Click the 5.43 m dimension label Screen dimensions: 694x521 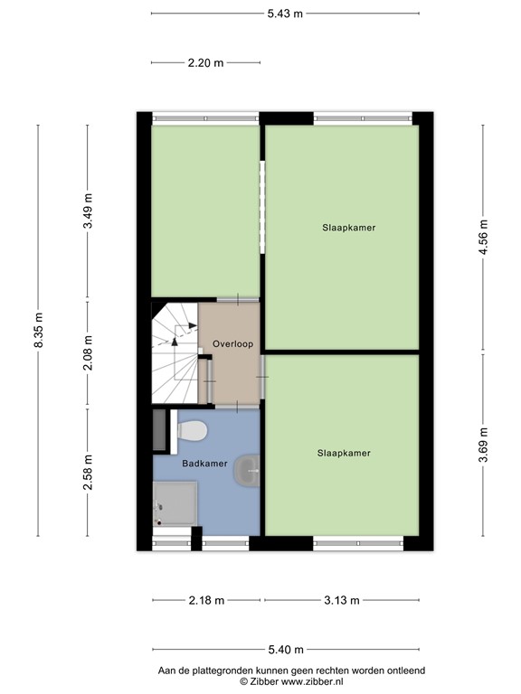tap(285, 14)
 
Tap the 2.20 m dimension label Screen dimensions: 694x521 tap(205, 62)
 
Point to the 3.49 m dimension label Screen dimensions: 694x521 tap(88, 213)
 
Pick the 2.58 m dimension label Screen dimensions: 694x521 tap(88, 472)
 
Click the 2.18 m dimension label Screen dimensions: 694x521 tap(205, 600)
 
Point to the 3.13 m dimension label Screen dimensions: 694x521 tap(342, 600)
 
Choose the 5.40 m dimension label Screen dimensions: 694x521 tap(285, 649)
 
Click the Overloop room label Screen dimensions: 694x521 tap(232, 344)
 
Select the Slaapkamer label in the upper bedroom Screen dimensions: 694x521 tap(348, 228)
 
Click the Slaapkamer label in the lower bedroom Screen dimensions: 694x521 tap(344, 453)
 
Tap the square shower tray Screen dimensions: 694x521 tap(175, 502)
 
